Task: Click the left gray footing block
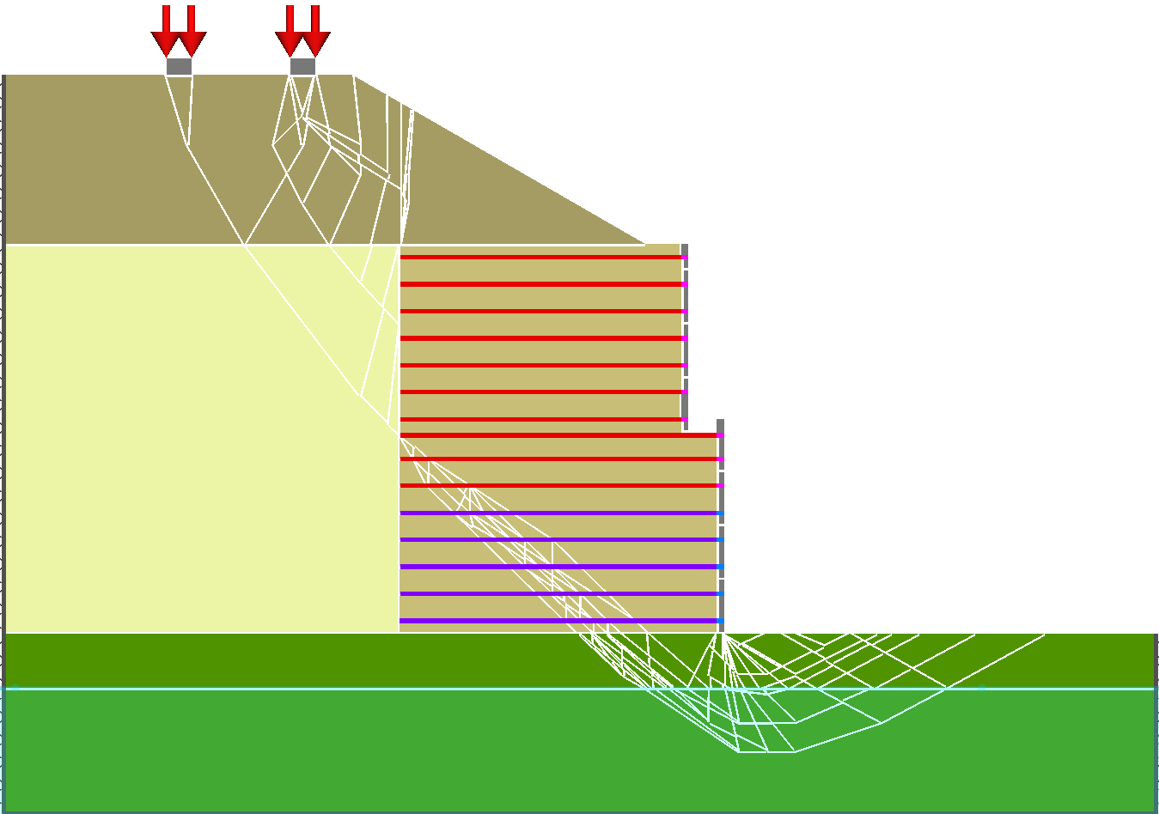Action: pyautogui.click(x=179, y=66)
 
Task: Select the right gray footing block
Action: pyautogui.click(x=302, y=66)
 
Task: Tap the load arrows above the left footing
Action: pyautogui.click(x=179, y=34)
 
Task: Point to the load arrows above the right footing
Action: pyautogui.click(x=302, y=34)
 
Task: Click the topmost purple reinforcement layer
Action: pyautogui.click(x=558, y=513)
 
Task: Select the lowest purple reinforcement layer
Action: pyautogui.click(x=558, y=621)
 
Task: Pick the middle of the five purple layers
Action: pyautogui.click(x=558, y=567)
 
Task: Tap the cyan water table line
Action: pyautogui.click(x=344, y=689)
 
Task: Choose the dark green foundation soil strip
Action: pyautogui.click(x=258, y=659)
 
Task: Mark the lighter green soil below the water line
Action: pyautogui.click(x=344, y=756)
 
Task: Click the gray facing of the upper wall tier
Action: pyautogui.click(x=685, y=335)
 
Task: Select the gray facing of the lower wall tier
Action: pyautogui.click(x=721, y=524)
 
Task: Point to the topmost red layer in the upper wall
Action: pyautogui.click(x=541, y=257)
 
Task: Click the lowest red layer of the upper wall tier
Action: pyautogui.click(x=541, y=419)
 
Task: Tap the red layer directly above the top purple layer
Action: pyautogui.click(x=558, y=486)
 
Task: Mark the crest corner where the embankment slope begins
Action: pyautogui.click(x=353, y=76)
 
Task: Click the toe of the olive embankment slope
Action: pyautogui.click(x=644, y=244)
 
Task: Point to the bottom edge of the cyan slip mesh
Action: pyautogui.click(x=765, y=752)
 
